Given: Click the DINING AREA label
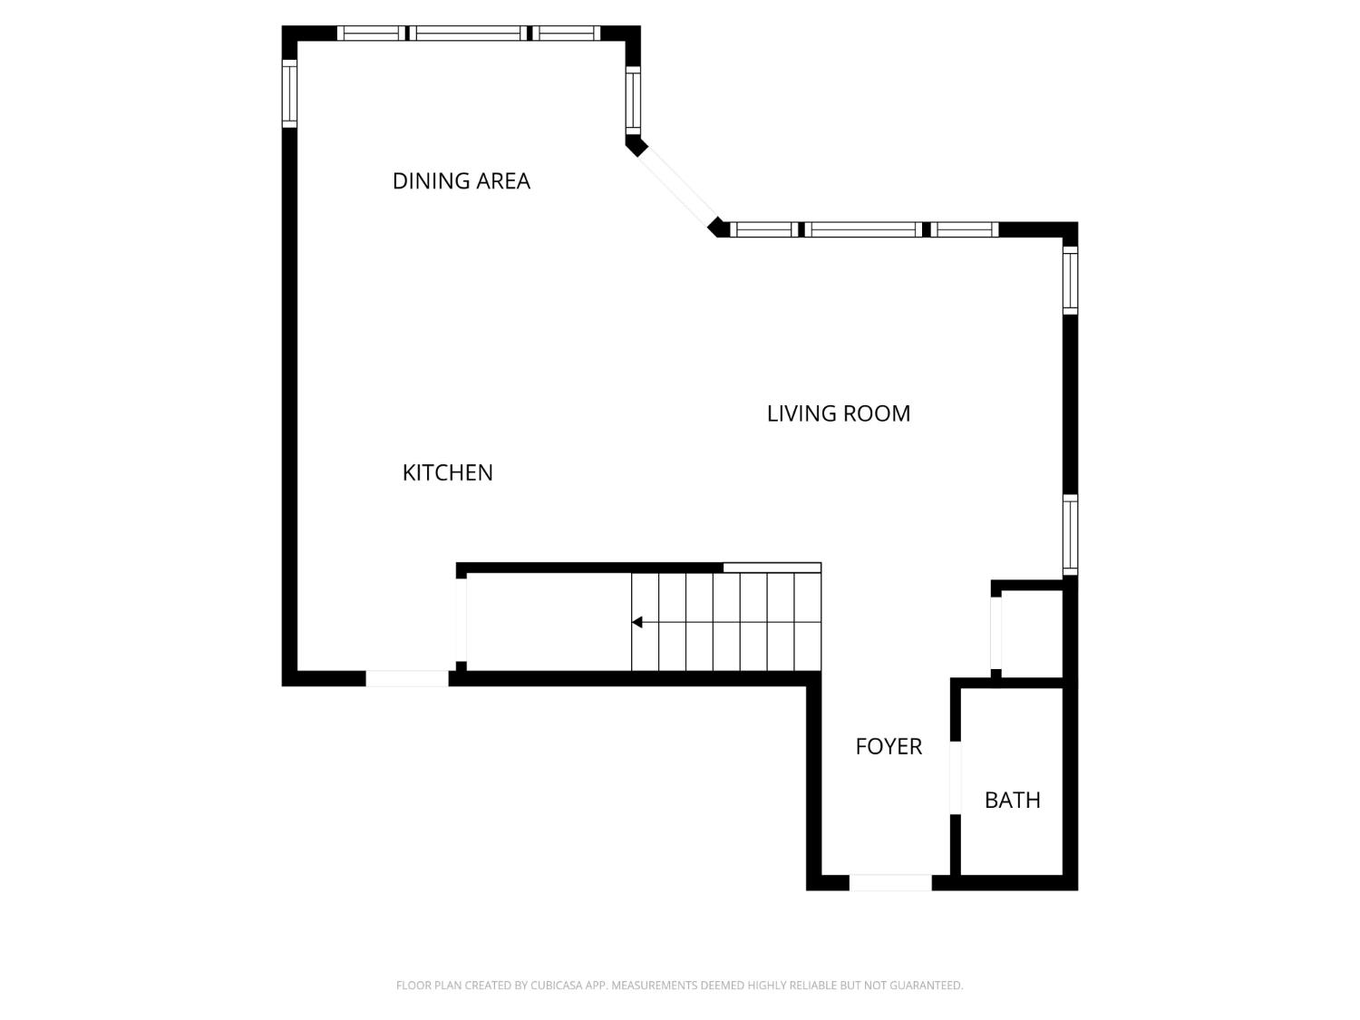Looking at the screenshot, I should (x=461, y=181).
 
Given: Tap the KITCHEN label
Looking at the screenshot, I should (x=447, y=472).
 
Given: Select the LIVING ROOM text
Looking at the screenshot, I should (x=838, y=413).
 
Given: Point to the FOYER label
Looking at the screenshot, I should (x=889, y=746).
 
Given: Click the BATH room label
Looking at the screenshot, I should (x=1012, y=800).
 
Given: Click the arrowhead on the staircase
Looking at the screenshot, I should (x=637, y=622).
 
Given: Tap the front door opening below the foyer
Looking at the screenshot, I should (x=889, y=882).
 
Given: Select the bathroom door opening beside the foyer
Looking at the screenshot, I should (x=955, y=777).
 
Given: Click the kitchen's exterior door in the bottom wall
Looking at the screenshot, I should (x=407, y=678).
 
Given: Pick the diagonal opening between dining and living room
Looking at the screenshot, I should (x=676, y=187).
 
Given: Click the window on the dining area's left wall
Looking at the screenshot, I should (x=289, y=92).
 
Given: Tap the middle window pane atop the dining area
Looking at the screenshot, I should (x=469, y=34).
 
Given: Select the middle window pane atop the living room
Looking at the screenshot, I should (x=862, y=229).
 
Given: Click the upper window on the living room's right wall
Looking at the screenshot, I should (x=1070, y=281).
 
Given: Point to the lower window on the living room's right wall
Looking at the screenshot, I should (x=1070, y=535).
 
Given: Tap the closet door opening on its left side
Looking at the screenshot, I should (x=996, y=633).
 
